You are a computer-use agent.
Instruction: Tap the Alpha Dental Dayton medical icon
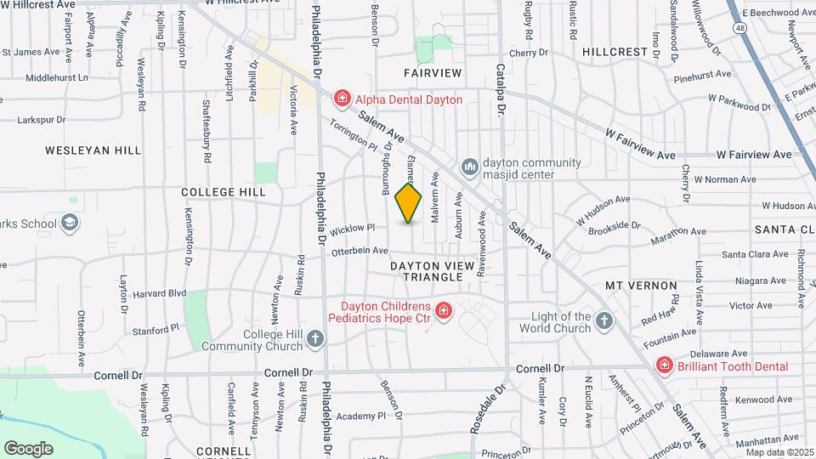click(343, 99)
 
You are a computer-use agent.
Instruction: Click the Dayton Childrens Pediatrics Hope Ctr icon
click(442, 312)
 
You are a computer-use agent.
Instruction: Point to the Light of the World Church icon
click(603, 320)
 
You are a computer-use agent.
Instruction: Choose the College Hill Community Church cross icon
click(315, 339)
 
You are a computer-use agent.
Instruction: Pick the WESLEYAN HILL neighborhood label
click(93, 150)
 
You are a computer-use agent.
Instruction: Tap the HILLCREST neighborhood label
click(615, 52)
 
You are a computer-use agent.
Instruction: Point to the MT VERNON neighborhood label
click(641, 286)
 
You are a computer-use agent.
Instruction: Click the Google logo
click(28, 448)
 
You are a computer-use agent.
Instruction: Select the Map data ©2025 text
click(779, 451)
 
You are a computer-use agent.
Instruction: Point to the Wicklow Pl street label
click(353, 228)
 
